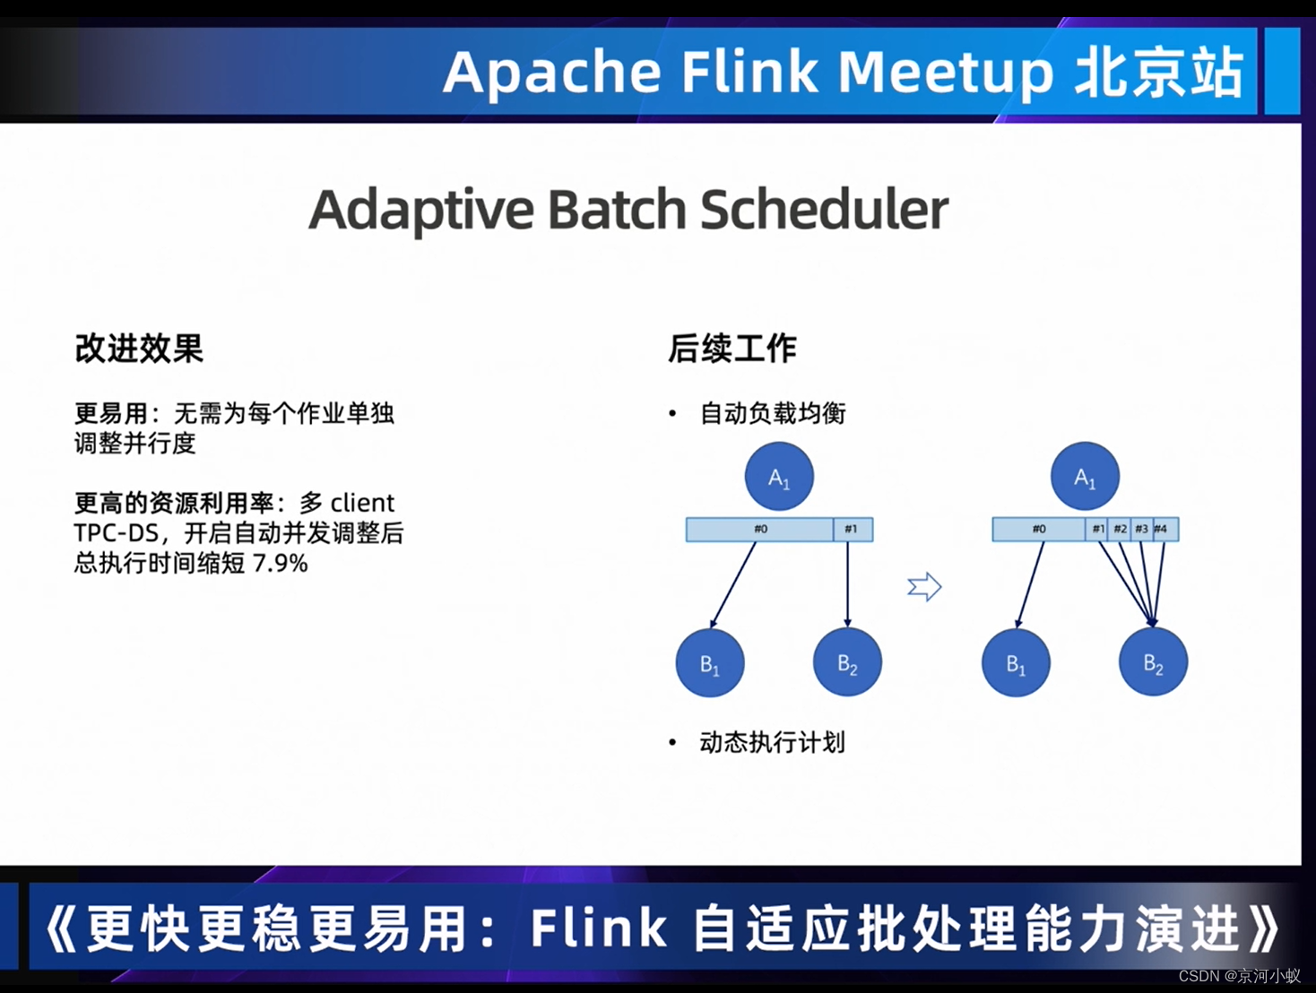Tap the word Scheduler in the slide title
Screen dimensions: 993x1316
point(824,210)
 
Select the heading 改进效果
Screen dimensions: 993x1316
point(139,349)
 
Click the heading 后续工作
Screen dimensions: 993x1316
point(732,349)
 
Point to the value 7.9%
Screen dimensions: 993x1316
point(281,564)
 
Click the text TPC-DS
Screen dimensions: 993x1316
point(116,533)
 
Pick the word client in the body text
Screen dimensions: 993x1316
point(362,503)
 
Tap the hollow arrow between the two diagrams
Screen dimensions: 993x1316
point(924,587)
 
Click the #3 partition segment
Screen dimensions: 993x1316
point(1141,530)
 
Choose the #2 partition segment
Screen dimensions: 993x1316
point(1120,530)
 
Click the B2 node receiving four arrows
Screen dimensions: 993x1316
point(1153,663)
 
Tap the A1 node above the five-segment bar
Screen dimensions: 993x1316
point(1085,477)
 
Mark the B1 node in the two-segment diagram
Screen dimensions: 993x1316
point(710,663)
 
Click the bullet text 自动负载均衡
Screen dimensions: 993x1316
point(772,413)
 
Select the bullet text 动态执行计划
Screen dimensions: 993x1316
point(772,742)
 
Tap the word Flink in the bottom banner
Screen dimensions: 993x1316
point(599,928)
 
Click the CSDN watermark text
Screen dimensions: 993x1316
point(1199,976)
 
